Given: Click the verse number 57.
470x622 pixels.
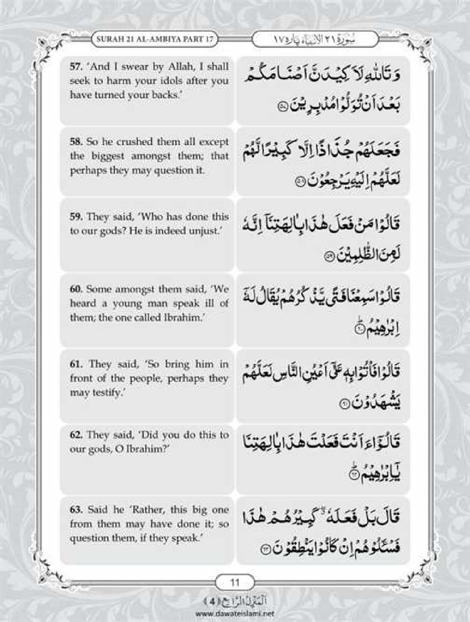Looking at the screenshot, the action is [75, 66].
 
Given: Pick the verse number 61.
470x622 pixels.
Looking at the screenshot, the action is [75, 364].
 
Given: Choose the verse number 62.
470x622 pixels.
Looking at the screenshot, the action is [75, 435].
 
